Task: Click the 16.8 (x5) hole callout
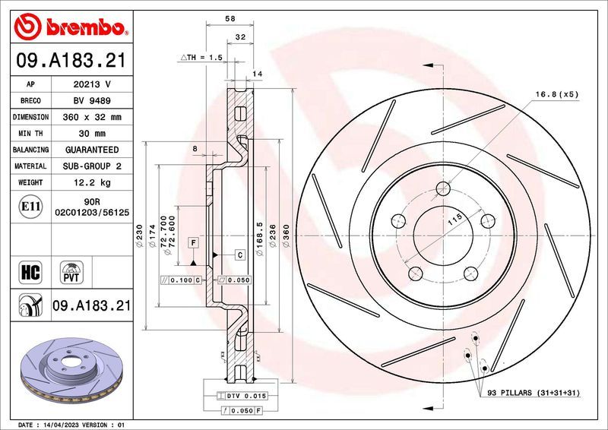click(x=556, y=93)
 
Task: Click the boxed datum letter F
click(x=195, y=242)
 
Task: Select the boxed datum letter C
click(x=239, y=255)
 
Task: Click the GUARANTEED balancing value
click(x=90, y=150)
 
